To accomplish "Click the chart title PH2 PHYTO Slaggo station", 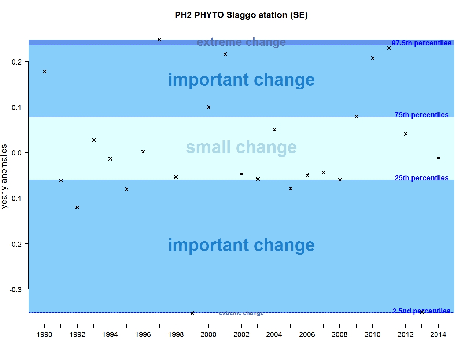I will tap(241, 15).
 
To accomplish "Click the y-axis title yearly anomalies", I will tap(4, 176).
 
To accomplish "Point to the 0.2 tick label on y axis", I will tap(16, 62).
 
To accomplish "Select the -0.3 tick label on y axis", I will tap(15, 290).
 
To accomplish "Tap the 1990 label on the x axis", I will tap(44, 334).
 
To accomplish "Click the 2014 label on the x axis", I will tap(438, 334).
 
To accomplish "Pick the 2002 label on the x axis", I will tap(241, 334).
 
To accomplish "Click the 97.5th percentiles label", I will tap(421, 43).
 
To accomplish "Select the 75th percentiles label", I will tap(421, 115).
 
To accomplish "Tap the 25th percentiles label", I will tap(421, 178).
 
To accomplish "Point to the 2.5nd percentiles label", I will tap(421, 311).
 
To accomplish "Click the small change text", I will tap(241, 147).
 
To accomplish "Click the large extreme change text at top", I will tap(241, 42).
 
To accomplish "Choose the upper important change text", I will tap(241, 80).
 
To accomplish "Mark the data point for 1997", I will tap(159, 40).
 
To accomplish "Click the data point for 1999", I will tap(192, 313).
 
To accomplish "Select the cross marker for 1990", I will tap(45, 71).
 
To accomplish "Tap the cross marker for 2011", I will tap(389, 48).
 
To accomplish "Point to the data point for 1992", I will tap(77, 207).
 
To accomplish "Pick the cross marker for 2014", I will tap(439, 158).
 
